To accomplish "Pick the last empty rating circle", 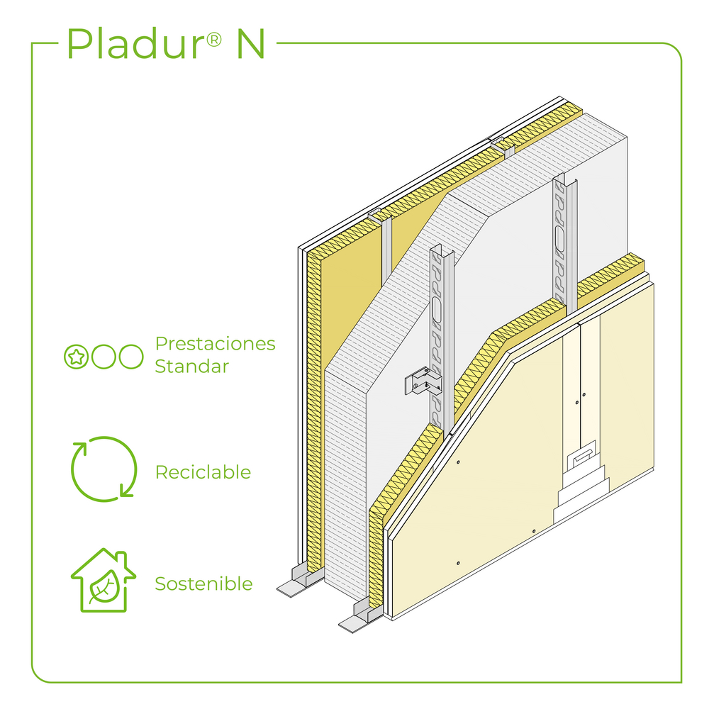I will click(x=131, y=357).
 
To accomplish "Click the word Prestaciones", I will click(x=215, y=345).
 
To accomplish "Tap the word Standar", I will click(x=191, y=367).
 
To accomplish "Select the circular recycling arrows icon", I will click(x=104, y=468).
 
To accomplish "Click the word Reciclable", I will click(x=203, y=472).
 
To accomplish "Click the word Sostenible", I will click(x=203, y=584).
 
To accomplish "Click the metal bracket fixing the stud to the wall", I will click(x=423, y=382).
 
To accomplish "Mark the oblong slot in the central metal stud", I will click(x=437, y=310).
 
